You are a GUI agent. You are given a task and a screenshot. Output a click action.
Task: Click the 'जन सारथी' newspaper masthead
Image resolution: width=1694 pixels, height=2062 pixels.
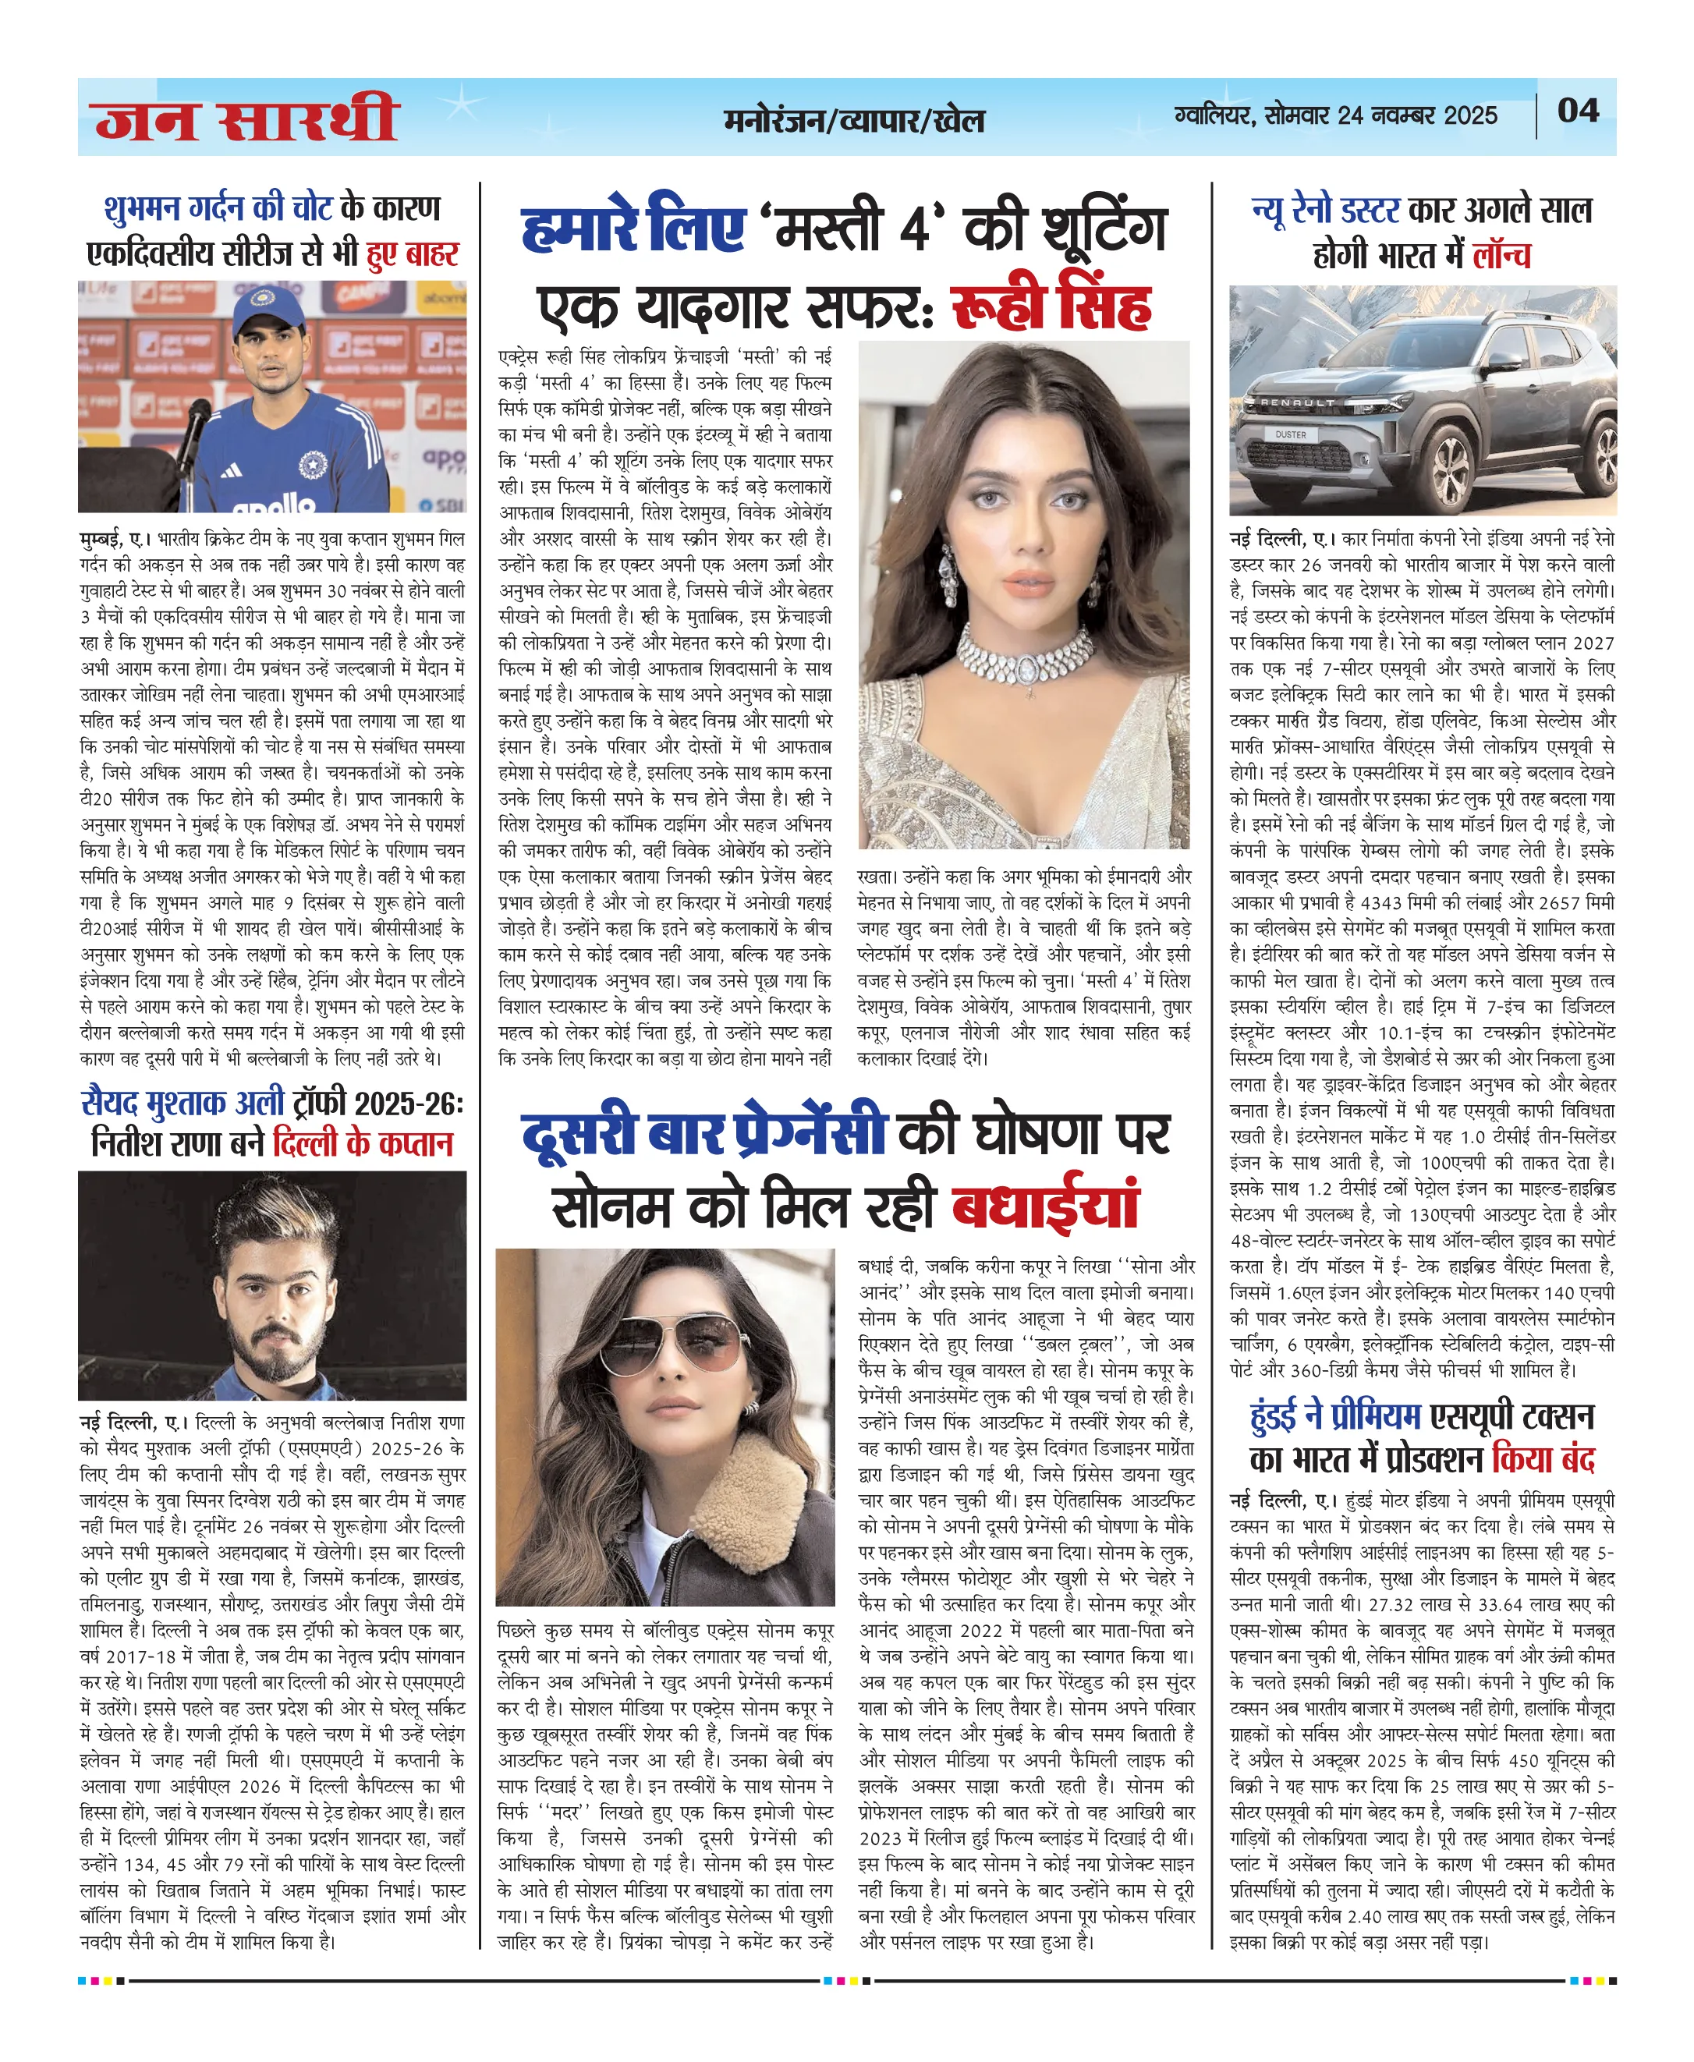pos(247,119)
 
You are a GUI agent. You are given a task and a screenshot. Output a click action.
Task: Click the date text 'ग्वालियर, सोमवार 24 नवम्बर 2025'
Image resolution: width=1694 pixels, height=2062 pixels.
pos(1336,115)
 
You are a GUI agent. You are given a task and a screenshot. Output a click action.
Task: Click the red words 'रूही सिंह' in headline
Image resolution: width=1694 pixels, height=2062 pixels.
pos(1050,307)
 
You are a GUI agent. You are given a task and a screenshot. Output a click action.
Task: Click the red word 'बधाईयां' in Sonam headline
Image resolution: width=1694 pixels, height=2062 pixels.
pos(1045,1207)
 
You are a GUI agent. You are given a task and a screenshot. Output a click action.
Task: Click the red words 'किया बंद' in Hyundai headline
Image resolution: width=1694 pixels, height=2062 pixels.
pos(1542,1460)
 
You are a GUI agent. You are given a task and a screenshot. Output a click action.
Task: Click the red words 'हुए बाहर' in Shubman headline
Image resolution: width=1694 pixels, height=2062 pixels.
pos(412,253)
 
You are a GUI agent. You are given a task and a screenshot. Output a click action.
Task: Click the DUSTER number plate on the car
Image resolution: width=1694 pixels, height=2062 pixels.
pos(1290,434)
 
